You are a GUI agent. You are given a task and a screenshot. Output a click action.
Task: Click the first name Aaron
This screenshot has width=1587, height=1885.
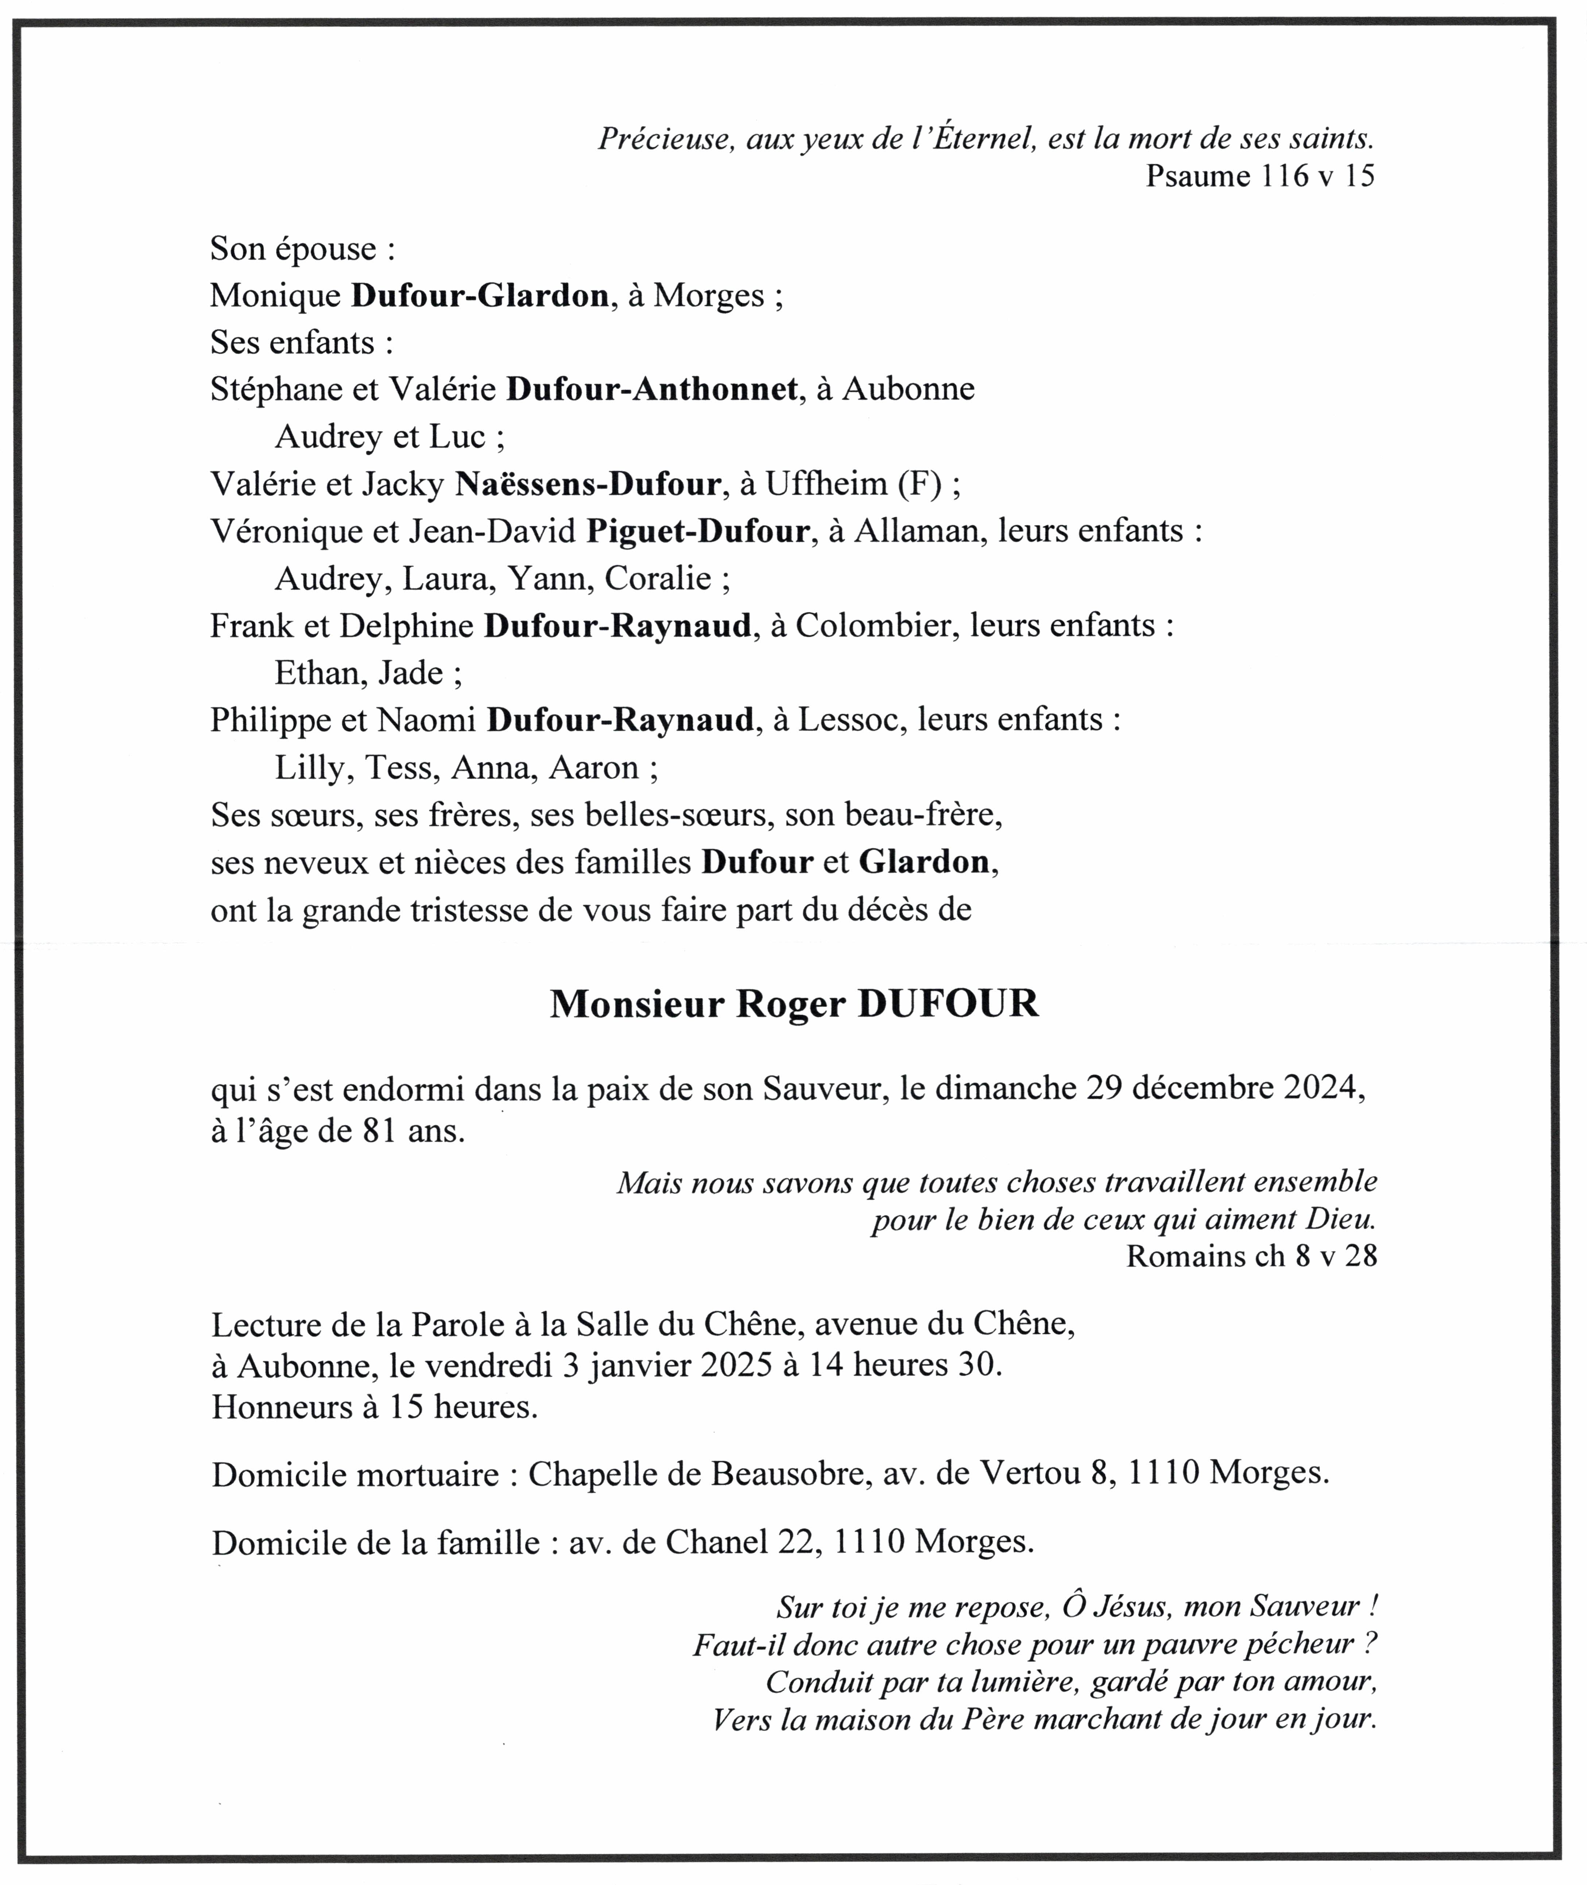coord(594,767)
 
